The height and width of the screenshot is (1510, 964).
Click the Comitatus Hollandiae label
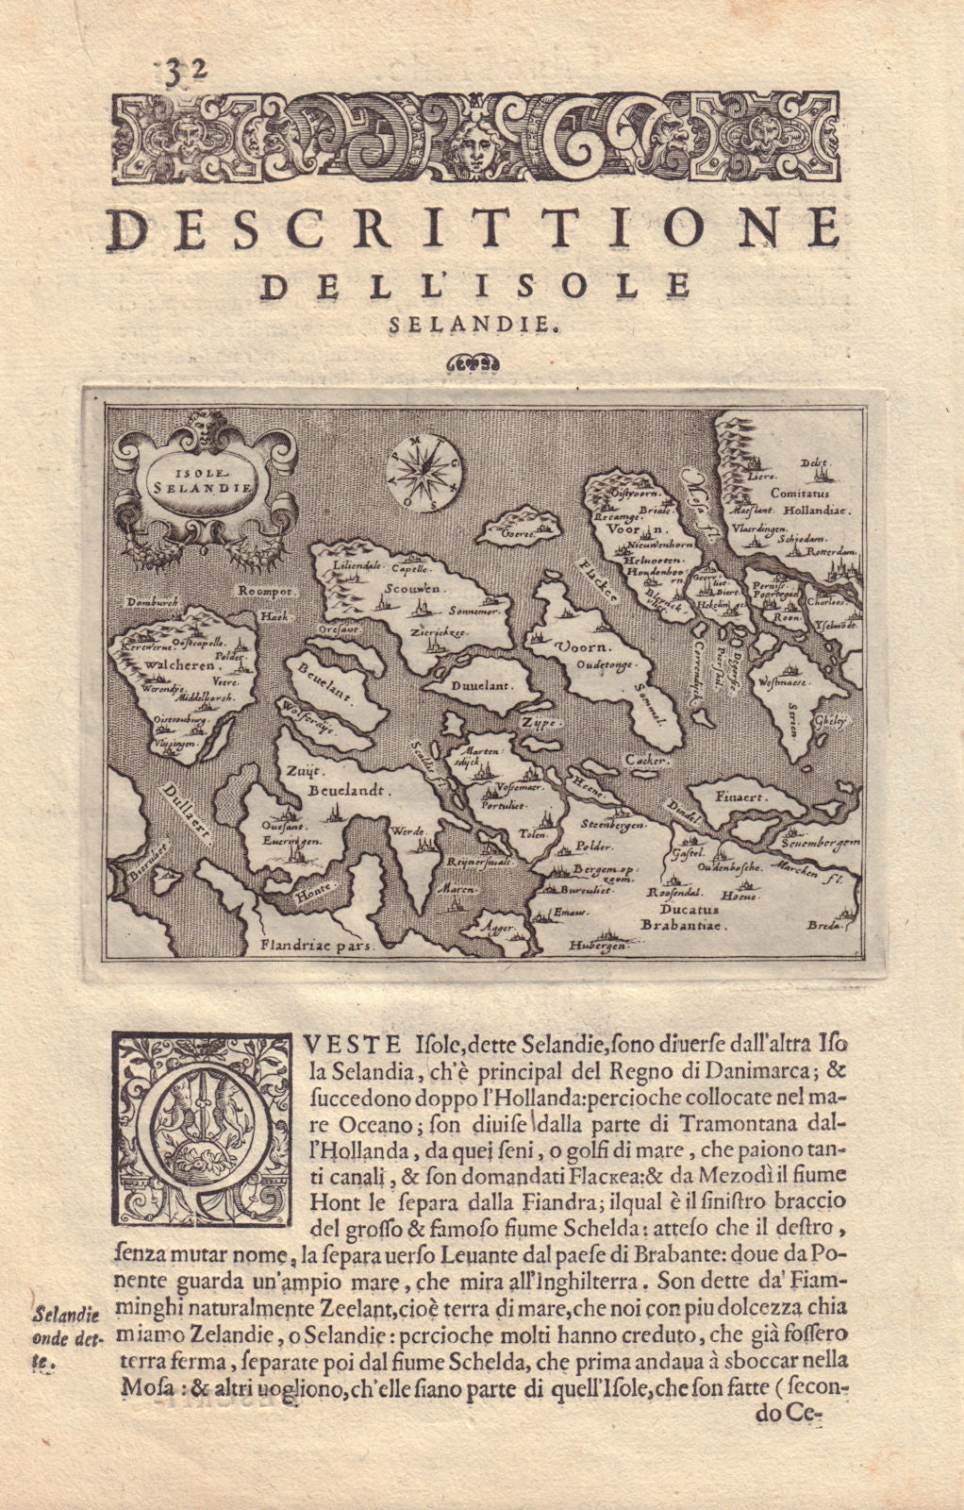805,501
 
